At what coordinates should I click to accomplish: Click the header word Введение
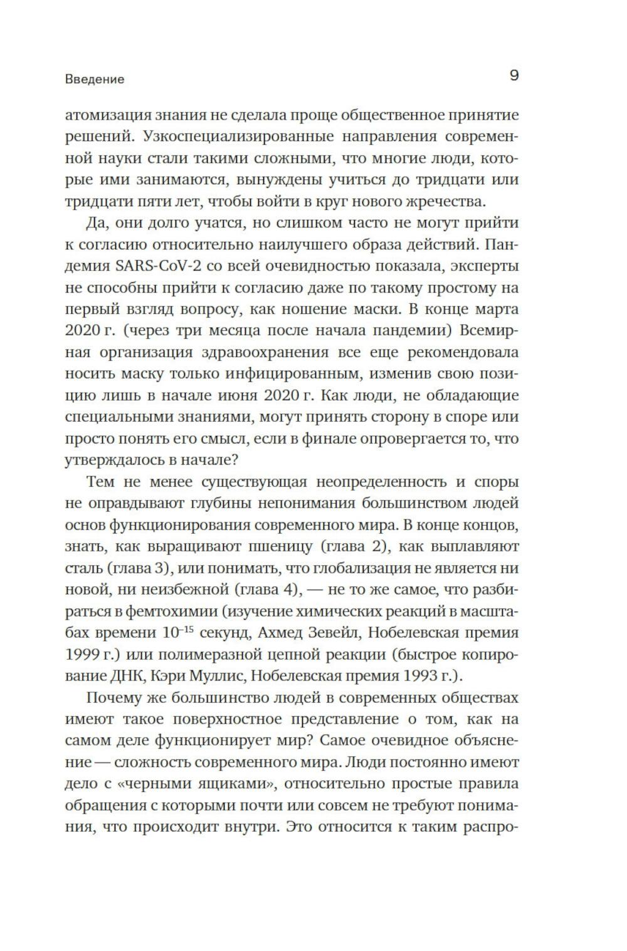coord(95,80)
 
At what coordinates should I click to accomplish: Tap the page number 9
coord(514,76)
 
